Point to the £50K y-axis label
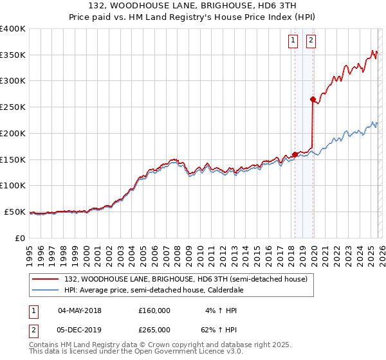pos(15,212)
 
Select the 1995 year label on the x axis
pos(30,251)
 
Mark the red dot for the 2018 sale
pos(295,154)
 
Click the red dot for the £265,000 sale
pos(313,100)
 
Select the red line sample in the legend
pos(46,279)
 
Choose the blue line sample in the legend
pos(46,290)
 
